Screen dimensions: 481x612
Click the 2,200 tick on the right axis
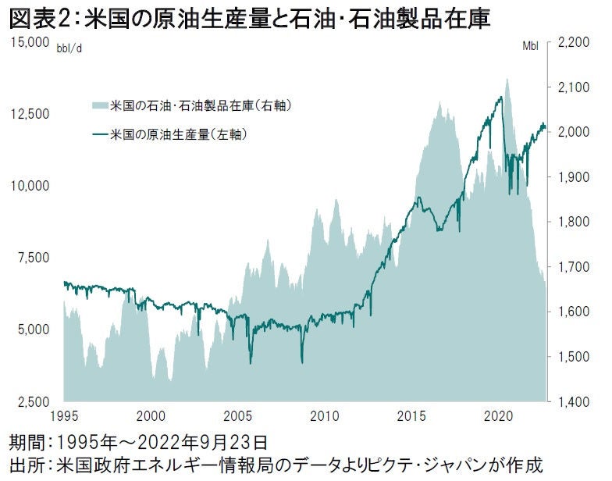tap(575, 44)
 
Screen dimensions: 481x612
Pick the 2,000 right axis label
tap(575, 133)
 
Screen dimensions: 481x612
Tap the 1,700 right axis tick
tap(575, 268)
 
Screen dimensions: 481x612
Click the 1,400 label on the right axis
tap(575, 401)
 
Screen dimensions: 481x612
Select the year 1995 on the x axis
tap(64, 415)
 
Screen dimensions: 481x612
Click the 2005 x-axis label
tap(237, 415)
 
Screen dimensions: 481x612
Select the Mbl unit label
tap(530, 46)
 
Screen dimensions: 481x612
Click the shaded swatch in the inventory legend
tap(99, 105)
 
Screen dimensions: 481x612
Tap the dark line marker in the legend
tap(99, 134)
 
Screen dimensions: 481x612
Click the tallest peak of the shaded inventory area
tap(507, 79)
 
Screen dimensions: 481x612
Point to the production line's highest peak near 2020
tap(501, 97)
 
